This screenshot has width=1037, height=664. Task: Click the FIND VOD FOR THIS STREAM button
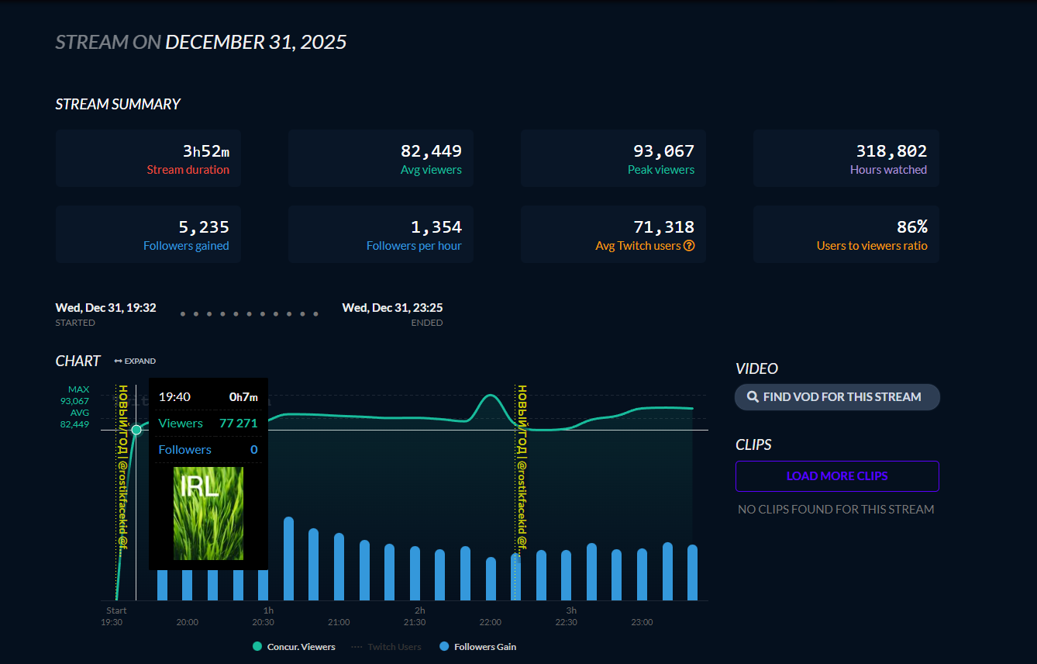pos(837,397)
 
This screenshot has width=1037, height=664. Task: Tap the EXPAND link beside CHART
pos(135,361)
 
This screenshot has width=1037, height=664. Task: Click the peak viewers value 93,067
pos(663,151)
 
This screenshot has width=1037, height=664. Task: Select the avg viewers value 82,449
pos(431,151)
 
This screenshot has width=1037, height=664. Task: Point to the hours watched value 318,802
pos(891,151)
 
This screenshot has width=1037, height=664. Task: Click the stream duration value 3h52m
pos(206,151)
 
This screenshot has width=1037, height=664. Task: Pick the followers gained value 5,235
pos(204,227)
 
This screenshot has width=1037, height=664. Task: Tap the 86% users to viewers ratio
pos(911,227)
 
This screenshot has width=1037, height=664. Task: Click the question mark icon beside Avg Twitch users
pos(689,246)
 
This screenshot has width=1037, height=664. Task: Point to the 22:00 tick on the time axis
pos(490,622)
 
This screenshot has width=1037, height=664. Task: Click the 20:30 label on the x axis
pos(263,622)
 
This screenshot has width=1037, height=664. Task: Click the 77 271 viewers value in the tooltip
pos(238,424)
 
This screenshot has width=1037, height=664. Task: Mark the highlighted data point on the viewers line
pos(136,430)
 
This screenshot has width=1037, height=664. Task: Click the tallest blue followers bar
pos(288,559)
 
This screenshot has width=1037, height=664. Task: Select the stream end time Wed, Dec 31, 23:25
pos(392,308)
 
